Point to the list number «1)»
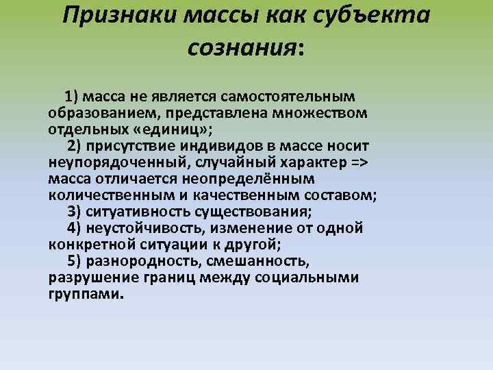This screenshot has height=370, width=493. [73, 95]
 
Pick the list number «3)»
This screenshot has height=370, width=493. [76, 211]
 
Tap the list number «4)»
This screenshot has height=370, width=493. [76, 227]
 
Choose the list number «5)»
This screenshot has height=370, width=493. [76, 261]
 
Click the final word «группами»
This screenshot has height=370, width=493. [86, 295]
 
